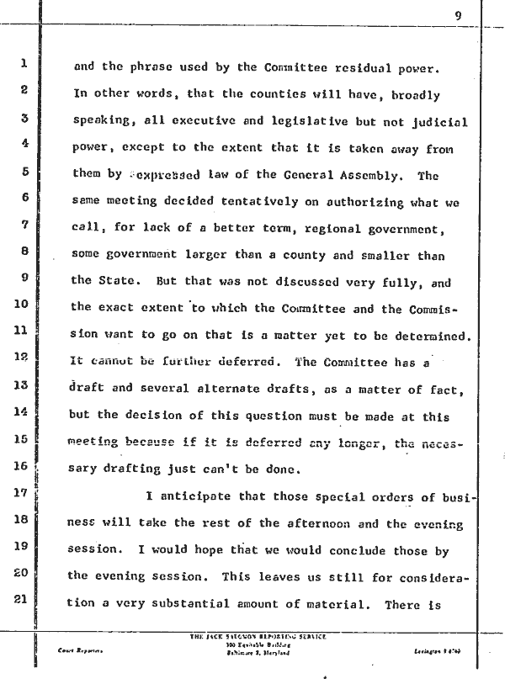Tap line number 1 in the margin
click(x=26, y=63)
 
